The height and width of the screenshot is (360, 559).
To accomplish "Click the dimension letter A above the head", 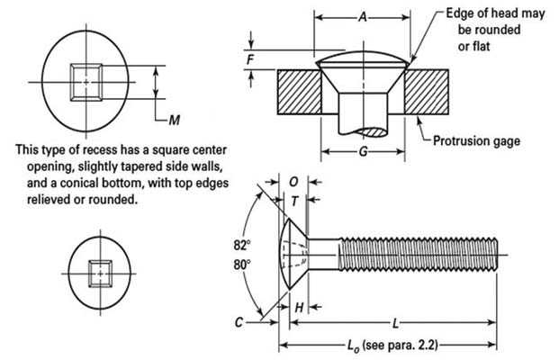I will [362, 16].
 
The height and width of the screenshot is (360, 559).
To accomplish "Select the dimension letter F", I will [251, 59].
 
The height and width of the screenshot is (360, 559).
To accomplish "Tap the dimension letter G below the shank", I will [362, 151].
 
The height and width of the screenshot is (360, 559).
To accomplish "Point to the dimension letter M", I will [176, 118].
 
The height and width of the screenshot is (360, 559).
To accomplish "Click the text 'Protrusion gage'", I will [477, 140].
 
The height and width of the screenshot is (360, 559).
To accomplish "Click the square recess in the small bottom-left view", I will [100, 270].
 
